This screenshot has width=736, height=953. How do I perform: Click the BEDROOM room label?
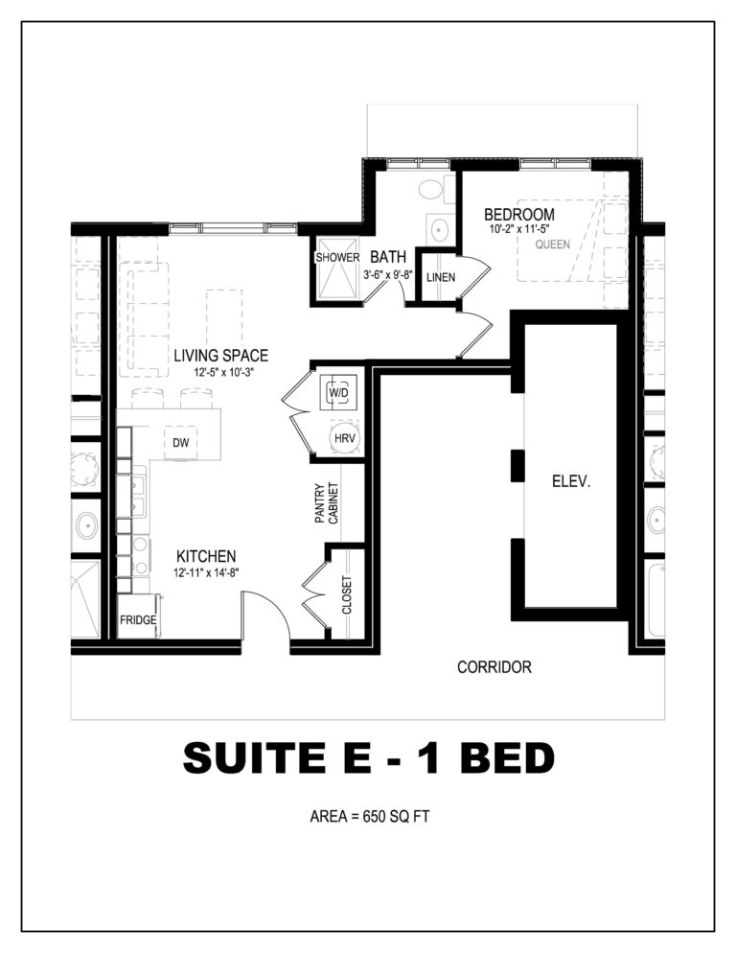tap(519, 215)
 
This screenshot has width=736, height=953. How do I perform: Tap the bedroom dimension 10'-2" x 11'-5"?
tap(519, 230)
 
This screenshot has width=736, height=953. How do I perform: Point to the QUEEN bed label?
tap(552, 244)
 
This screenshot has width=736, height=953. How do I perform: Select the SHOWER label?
tap(337, 257)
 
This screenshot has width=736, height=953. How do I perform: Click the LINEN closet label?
tap(441, 277)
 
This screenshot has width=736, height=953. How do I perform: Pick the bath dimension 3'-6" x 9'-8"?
tap(388, 275)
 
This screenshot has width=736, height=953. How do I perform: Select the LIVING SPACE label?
tap(220, 355)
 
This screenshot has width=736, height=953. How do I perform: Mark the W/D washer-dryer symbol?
tap(338, 393)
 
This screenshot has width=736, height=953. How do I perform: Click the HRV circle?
tap(345, 438)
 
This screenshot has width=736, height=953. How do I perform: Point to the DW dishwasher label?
tap(180, 443)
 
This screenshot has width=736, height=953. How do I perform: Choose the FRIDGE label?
tap(138, 620)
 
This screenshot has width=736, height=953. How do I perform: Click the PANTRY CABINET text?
tap(327, 503)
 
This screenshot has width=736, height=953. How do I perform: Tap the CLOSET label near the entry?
tap(346, 595)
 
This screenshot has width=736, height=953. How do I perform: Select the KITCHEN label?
tap(206, 556)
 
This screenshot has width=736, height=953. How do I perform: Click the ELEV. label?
tap(571, 482)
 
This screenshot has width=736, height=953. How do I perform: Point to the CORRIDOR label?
tap(494, 667)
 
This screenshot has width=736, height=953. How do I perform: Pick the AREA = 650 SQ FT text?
tap(370, 816)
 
